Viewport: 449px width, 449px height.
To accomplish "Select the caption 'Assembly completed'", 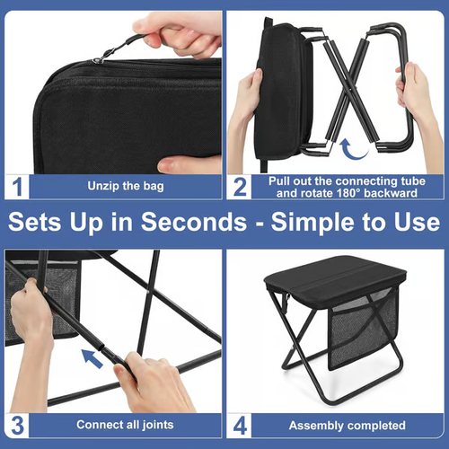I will (345, 424).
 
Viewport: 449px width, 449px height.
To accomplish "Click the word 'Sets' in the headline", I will (46, 223).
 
